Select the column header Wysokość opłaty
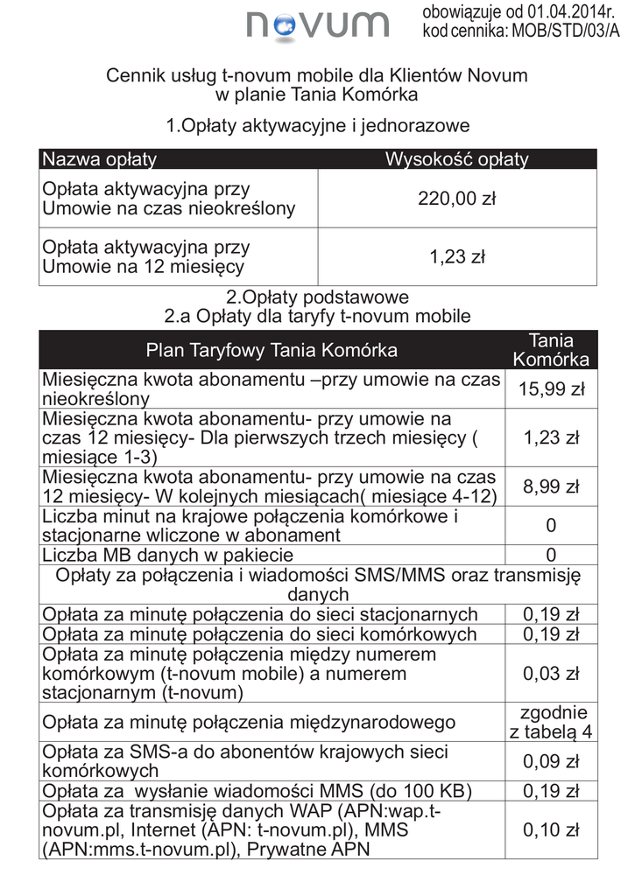(456, 159)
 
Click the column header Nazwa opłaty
(100, 159)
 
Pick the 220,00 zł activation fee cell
(456, 199)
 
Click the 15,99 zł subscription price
(551, 389)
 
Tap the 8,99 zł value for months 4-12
(551, 486)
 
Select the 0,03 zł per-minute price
(551, 673)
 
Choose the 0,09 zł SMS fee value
(551, 760)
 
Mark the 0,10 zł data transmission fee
(551, 829)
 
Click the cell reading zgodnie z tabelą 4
(551, 722)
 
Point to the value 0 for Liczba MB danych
(551, 555)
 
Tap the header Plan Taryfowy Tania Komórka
(272, 351)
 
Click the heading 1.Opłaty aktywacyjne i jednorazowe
(318, 125)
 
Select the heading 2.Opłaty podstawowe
(317, 297)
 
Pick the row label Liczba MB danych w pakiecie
(167, 555)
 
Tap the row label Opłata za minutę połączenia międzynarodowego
(249, 722)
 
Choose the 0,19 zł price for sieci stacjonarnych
(551, 614)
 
